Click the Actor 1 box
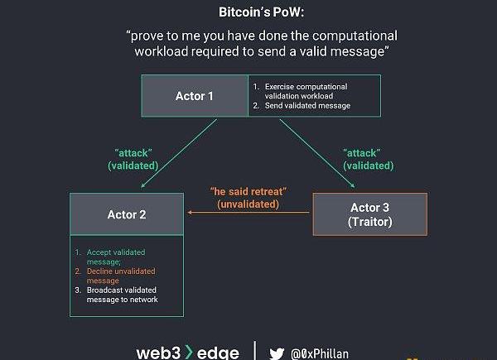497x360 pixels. pyautogui.click(x=195, y=96)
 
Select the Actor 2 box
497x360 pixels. pyautogui.click(x=127, y=214)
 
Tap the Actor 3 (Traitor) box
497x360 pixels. pyautogui.click(x=369, y=214)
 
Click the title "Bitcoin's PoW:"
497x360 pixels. pyautogui.click(x=262, y=12)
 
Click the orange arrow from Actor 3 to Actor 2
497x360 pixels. pyautogui.click(x=248, y=213)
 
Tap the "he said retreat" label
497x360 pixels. pyautogui.click(x=248, y=192)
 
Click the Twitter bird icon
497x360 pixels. pyautogui.click(x=276, y=352)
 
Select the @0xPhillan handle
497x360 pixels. pyautogui.click(x=320, y=353)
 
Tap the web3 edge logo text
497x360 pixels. pyautogui.click(x=187, y=352)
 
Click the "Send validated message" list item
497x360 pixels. pyautogui.click(x=307, y=106)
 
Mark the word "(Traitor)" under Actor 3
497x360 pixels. pyautogui.click(x=369, y=222)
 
